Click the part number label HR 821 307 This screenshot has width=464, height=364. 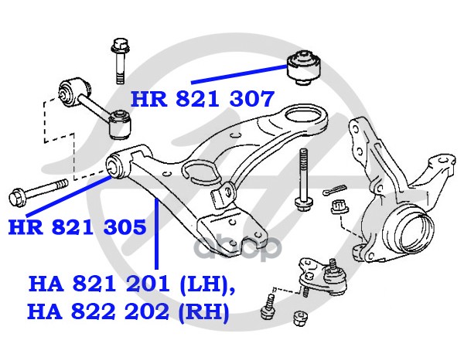click(203, 99)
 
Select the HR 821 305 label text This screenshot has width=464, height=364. click(77, 226)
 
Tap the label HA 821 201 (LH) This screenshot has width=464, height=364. click(131, 284)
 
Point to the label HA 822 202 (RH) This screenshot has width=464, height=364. click(128, 312)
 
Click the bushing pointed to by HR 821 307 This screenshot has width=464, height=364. click(304, 68)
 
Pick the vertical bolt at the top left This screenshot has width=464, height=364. click(120, 60)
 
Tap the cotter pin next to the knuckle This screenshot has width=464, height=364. click(335, 189)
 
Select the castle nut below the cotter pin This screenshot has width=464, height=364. click(339, 207)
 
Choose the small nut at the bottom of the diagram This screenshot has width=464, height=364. click(300, 318)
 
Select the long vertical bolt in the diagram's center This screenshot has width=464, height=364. click(302, 179)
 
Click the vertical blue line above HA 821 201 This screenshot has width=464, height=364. click(156, 233)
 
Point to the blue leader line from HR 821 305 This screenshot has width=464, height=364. click(69, 196)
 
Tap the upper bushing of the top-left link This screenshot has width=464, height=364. click(73, 92)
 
